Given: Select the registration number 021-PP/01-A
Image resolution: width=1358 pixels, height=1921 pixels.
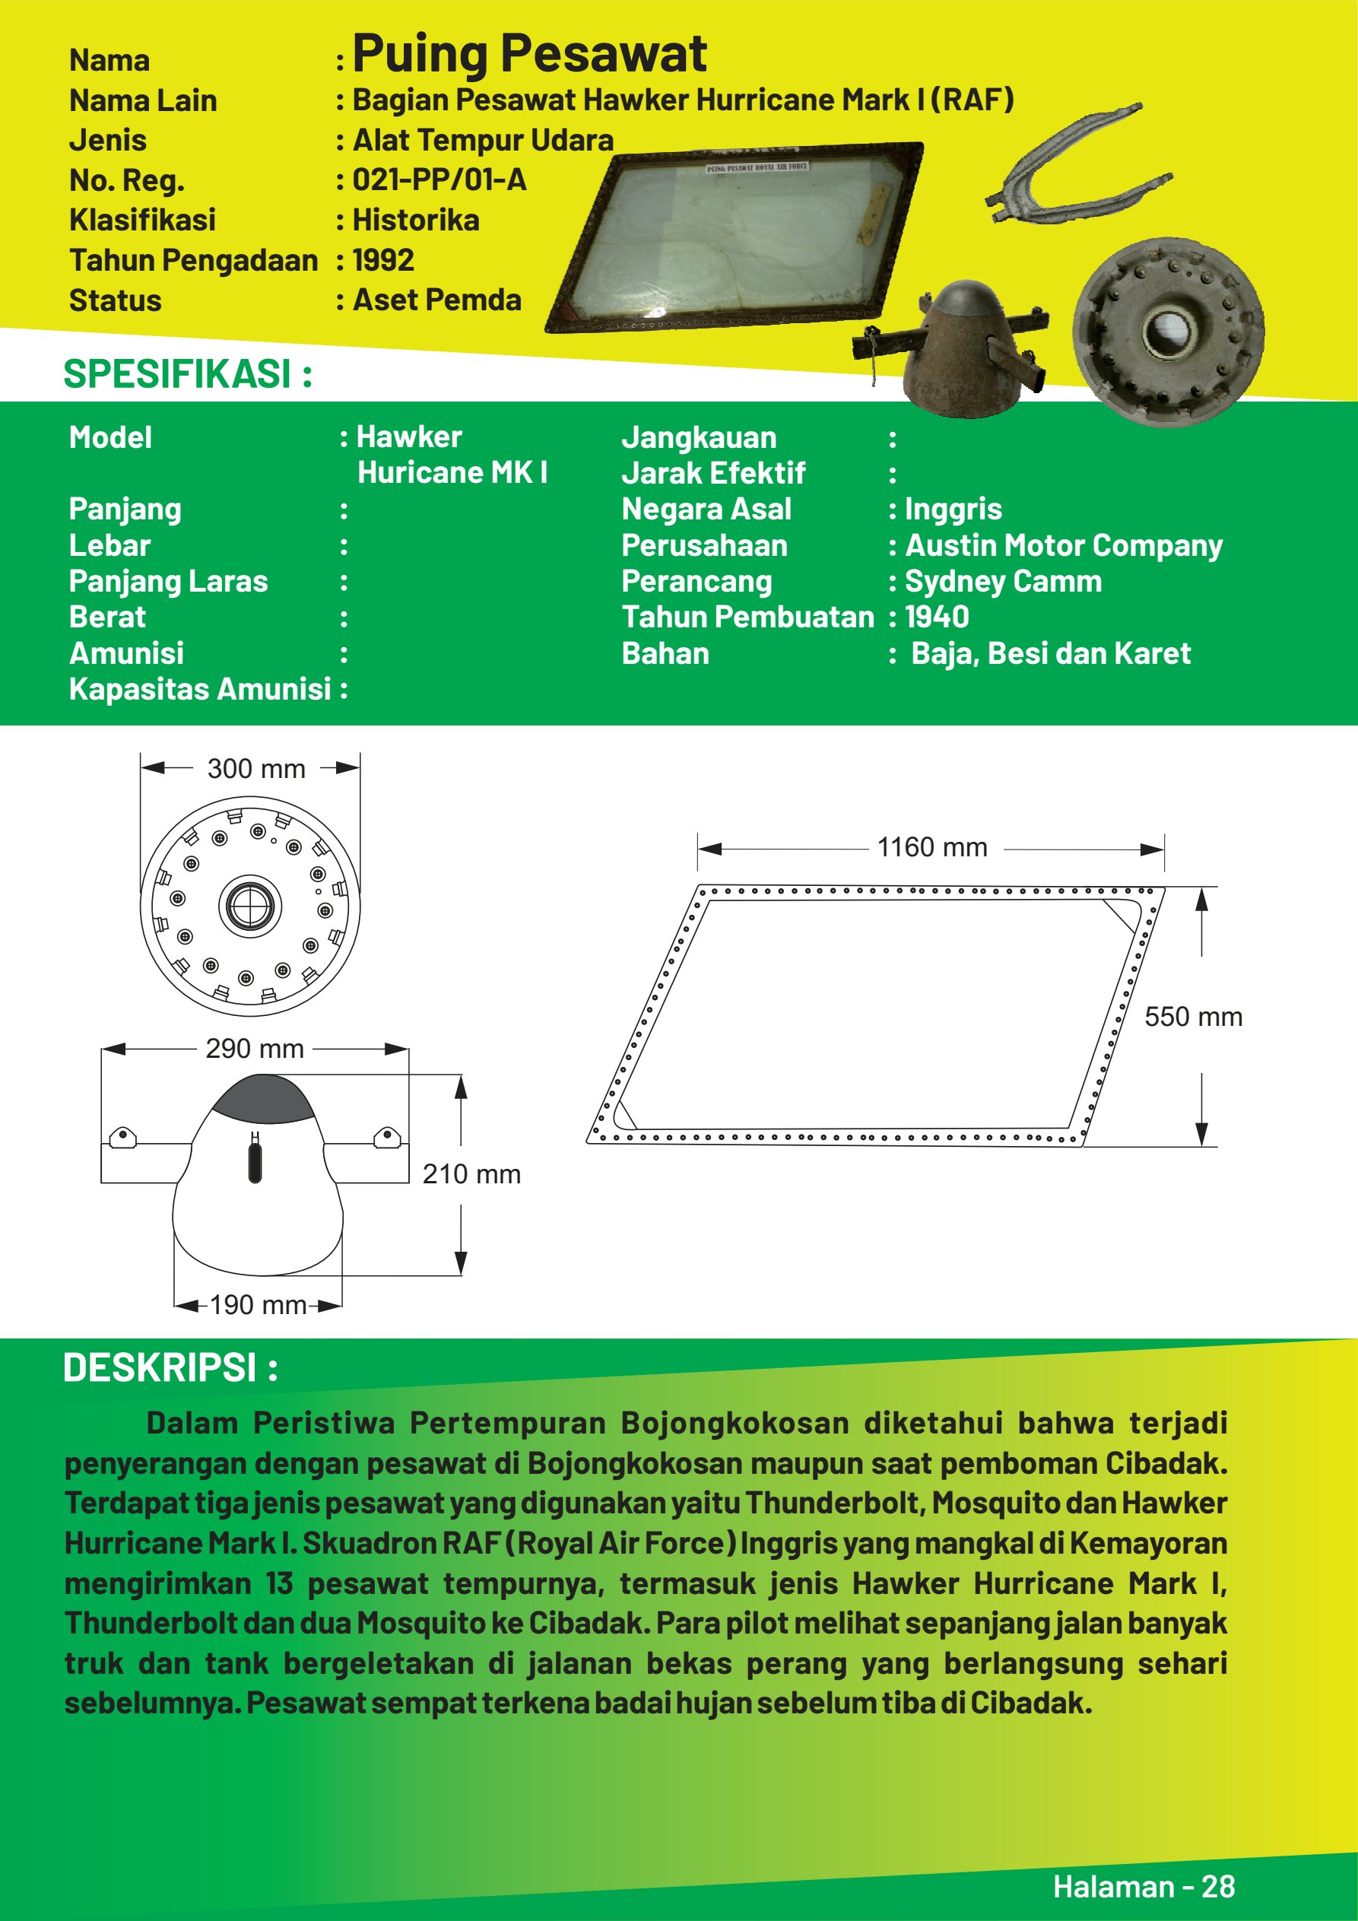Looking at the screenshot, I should [439, 180].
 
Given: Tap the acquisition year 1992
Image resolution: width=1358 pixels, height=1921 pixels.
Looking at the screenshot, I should [383, 260].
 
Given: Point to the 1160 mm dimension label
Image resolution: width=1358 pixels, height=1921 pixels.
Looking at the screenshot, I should [931, 847].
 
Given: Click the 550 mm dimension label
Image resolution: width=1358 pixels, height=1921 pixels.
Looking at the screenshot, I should [1192, 1018].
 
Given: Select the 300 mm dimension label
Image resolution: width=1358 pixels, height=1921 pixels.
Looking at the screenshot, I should [256, 769].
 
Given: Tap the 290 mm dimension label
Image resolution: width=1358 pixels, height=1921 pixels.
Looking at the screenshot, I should [255, 1049].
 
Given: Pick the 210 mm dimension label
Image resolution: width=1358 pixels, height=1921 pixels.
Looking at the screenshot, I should [471, 1174].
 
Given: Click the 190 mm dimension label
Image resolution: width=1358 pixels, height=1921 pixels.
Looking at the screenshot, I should [258, 1304].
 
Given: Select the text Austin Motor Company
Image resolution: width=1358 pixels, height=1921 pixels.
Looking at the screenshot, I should [1064, 545].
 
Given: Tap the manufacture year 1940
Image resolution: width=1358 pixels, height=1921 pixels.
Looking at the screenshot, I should [937, 618].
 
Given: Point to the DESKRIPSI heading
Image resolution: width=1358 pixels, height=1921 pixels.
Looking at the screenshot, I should [170, 1368].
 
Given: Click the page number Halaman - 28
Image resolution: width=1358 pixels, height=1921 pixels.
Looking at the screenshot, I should [1143, 1886].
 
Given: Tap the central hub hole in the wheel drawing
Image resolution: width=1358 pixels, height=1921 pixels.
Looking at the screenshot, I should [250, 905].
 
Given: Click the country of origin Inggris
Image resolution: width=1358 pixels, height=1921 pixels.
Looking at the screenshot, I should [953, 510].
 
